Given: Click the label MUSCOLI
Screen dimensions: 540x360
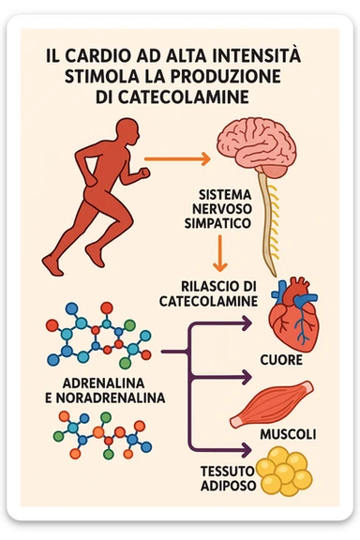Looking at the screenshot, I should click(286, 435).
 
